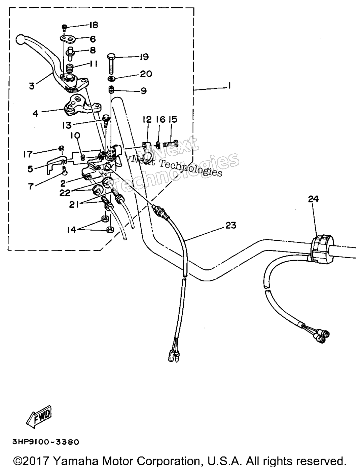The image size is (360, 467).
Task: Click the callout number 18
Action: [94, 25]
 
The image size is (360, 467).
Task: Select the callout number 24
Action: [313, 199]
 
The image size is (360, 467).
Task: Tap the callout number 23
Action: [231, 225]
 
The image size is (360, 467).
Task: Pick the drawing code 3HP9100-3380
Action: [46, 442]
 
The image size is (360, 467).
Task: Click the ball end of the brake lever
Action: [21, 40]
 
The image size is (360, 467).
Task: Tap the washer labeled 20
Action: [111, 79]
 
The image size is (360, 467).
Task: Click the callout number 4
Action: [35, 113]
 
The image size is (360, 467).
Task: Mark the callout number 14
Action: [71, 230]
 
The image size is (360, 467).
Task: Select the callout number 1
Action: [230, 86]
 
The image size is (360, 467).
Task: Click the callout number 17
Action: [28, 154]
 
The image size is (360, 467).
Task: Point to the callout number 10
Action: [75, 135]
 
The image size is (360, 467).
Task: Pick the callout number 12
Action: [147, 119]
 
